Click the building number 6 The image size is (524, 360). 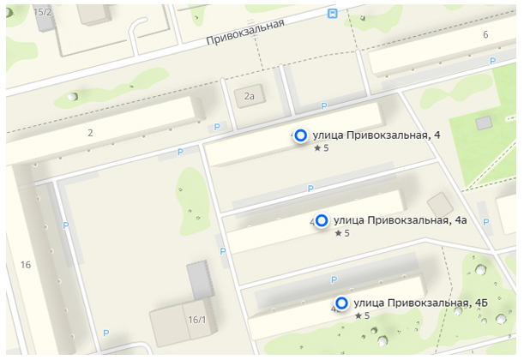click(485, 34)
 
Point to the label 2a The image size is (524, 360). click(250, 97)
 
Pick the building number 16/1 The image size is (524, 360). click(197, 320)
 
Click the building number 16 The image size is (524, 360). click(26, 265)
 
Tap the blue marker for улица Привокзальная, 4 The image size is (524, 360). click(301, 135)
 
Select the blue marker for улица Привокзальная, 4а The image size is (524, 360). click(322, 221)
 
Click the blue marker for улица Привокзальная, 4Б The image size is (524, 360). click(342, 303)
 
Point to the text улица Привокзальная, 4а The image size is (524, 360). click(400, 220)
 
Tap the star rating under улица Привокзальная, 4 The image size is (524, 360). click(322, 148)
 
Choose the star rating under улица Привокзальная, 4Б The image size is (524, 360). click(362, 315)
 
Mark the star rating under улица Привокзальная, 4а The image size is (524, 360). click(342, 233)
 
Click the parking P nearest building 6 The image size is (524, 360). click(491, 61)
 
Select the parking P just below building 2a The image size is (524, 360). click(323, 106)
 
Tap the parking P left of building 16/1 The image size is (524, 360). click(106, 333)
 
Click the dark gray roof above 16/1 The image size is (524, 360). click(200, 279)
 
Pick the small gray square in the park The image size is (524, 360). click(485, 123)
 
